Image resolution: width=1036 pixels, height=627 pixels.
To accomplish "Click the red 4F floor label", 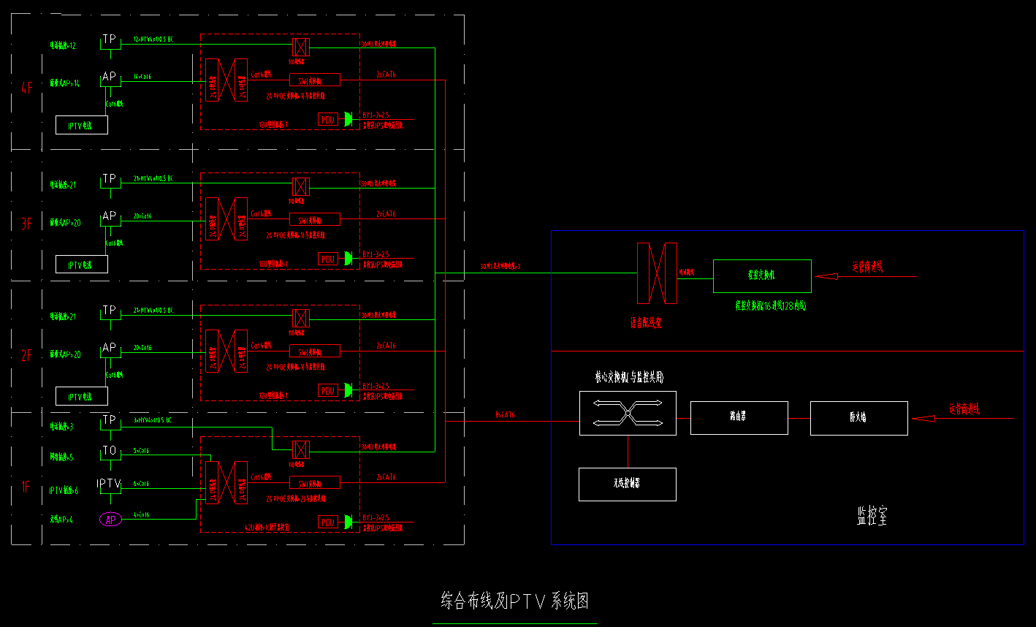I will tap(27, 89).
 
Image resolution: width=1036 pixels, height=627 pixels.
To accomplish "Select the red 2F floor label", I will tap(26, 356).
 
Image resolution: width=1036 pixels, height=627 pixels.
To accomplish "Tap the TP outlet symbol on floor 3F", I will tap(110, 179).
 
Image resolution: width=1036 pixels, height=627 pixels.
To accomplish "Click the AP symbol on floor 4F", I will tap(110, 77).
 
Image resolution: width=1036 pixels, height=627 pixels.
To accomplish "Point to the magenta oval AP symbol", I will tap(110, 520).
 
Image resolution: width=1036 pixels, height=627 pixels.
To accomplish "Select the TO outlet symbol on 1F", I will tap(110, 452).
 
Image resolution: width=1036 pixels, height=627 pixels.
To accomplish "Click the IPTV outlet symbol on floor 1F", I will tap(110, 483).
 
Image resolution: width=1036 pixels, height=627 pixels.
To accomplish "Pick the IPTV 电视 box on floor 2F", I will tap(81, 396).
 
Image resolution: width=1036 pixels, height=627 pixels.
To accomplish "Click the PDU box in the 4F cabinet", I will tap(328, 119).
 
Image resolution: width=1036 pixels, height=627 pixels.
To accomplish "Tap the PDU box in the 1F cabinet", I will tap(328, 522).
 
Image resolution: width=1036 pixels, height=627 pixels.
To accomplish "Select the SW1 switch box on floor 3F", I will tap(315, 219).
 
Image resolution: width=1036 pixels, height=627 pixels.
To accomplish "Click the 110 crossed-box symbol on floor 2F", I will tap(300, 318).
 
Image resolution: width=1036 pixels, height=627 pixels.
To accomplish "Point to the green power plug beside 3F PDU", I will tap(348, 258).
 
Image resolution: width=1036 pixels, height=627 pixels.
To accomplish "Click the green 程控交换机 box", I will tap(762, 276).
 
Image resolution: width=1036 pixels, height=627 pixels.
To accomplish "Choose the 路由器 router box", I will tap(739, 418).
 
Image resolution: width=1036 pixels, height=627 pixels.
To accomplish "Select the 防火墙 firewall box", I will tap(858, 418).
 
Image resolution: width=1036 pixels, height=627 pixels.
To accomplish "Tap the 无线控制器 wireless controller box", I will tap(627, 484).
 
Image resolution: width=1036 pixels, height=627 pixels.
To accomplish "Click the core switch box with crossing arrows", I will tap(627, 414).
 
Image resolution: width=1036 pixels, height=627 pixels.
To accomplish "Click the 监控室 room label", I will tap(872, 517).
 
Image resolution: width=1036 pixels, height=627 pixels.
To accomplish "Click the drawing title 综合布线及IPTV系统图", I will tap(515, 601).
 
